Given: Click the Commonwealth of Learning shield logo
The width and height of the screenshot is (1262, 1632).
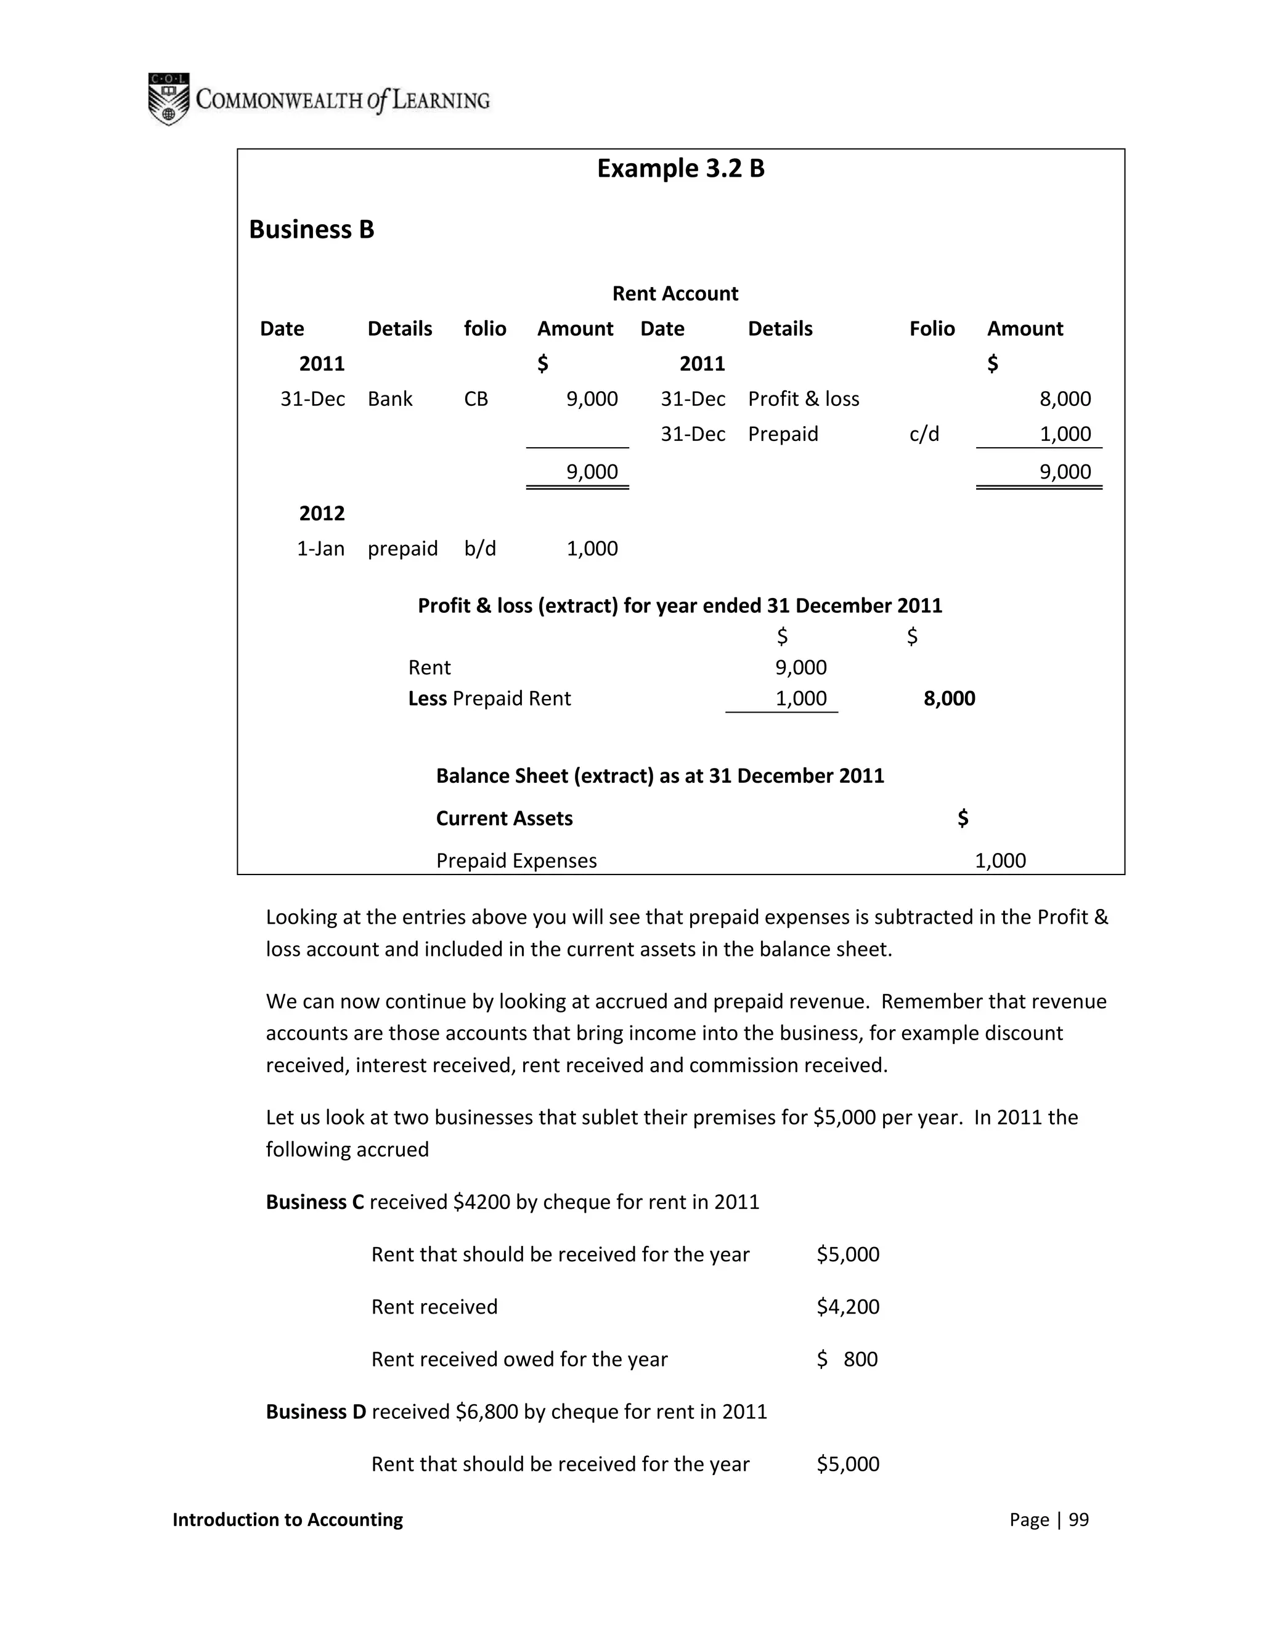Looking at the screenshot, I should [x=168, y=99].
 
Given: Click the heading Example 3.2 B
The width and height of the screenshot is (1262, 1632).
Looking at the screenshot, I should [x=680, y=169].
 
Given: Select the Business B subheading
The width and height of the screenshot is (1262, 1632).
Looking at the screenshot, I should [x=311, y=230].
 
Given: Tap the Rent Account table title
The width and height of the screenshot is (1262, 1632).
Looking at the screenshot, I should [x=674, y=294].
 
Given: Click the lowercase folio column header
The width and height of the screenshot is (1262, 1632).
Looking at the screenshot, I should [x=484, y=329].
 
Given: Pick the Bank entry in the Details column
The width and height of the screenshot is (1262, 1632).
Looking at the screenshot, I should [x=389, y=399].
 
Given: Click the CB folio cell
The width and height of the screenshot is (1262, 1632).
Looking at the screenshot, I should [x=476, y=399].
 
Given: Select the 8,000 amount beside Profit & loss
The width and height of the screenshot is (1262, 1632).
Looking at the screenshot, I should [x=1065, y=399].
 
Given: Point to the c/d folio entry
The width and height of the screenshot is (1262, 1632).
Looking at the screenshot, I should [x=924, y=434].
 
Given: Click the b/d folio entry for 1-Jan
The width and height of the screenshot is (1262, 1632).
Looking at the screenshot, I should [x=479, y=549].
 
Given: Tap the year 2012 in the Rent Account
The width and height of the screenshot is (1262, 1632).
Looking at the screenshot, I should [x=322, y=514].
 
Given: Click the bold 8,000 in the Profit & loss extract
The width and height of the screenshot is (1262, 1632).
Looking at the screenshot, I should [x=949, y=699].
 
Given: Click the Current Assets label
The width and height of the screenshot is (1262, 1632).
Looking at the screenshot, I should [x=504, y=818].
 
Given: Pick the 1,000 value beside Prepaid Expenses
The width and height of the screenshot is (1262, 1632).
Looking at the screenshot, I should [x=999, y=861].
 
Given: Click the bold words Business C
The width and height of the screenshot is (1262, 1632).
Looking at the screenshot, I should [x=315, y=1202].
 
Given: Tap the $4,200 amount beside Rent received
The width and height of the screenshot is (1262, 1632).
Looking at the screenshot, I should [x=848, y=1306].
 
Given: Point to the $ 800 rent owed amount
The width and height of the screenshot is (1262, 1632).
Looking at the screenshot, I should [x=848, y=1359].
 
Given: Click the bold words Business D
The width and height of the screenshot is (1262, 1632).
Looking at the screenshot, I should [x=316, y=1412].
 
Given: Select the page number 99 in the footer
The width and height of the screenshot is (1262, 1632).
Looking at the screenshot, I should [x=1078, y=1520].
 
